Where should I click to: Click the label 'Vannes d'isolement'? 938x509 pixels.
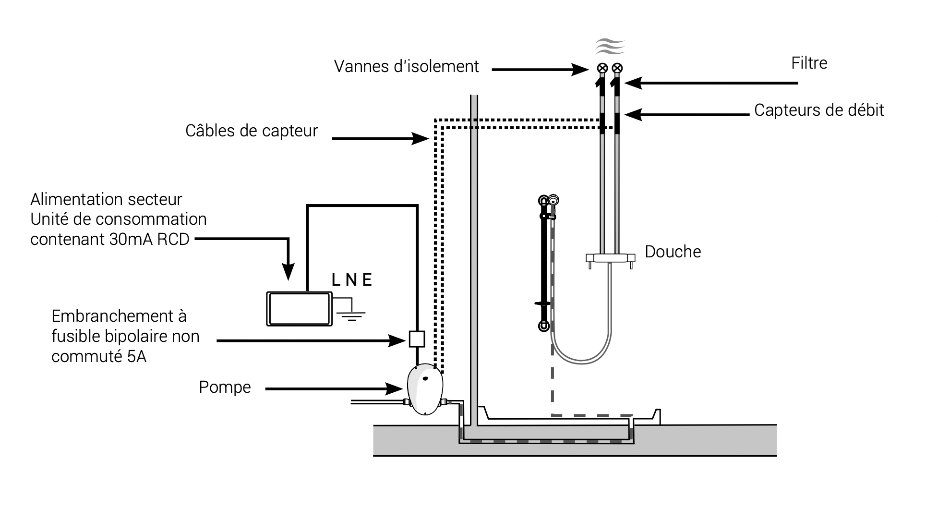tap(406, 66)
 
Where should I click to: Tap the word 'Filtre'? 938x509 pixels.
tap(809, 63)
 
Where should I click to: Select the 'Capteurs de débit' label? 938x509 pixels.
tap(819, 110)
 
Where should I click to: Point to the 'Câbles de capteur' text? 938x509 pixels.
tap(252, 131)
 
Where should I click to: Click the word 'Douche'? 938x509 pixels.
tap(673, 252)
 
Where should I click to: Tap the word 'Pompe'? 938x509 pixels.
tap(225, 388)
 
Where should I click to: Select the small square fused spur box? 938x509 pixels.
tap(417, 339)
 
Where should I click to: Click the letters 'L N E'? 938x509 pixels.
tap(352, 280)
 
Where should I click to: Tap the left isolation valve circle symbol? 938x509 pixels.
tap(602, 68)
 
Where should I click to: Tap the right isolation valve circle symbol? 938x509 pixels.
tap(617, 68)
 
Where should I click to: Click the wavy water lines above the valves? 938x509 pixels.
tap(610, 47)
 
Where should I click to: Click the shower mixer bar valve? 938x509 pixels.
tap(610, 258)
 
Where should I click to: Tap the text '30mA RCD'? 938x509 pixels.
tap(149, 239)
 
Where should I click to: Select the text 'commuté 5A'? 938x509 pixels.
tap(99, 357)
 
